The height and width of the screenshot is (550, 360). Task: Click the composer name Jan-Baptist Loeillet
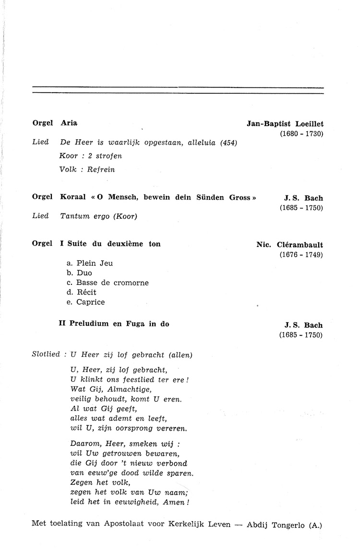tap(285, 123)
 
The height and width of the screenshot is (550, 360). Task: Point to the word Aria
tap(69, 123)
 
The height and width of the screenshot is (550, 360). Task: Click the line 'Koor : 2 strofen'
tap(91, 156)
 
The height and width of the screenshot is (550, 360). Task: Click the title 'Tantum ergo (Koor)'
tap(99, 216)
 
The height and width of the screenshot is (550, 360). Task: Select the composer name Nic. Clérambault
tap(290, 244)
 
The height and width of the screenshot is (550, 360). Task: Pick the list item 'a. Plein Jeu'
tap(90, 263)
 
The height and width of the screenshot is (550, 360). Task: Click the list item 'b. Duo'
tap(79, 273)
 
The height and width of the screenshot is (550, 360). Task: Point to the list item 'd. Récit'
tap(82, 292)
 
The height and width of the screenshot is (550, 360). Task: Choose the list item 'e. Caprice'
tap(85, 302)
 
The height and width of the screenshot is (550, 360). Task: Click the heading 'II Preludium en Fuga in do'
tap(114, 324)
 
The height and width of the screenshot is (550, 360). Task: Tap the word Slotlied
tap(46, 355)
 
